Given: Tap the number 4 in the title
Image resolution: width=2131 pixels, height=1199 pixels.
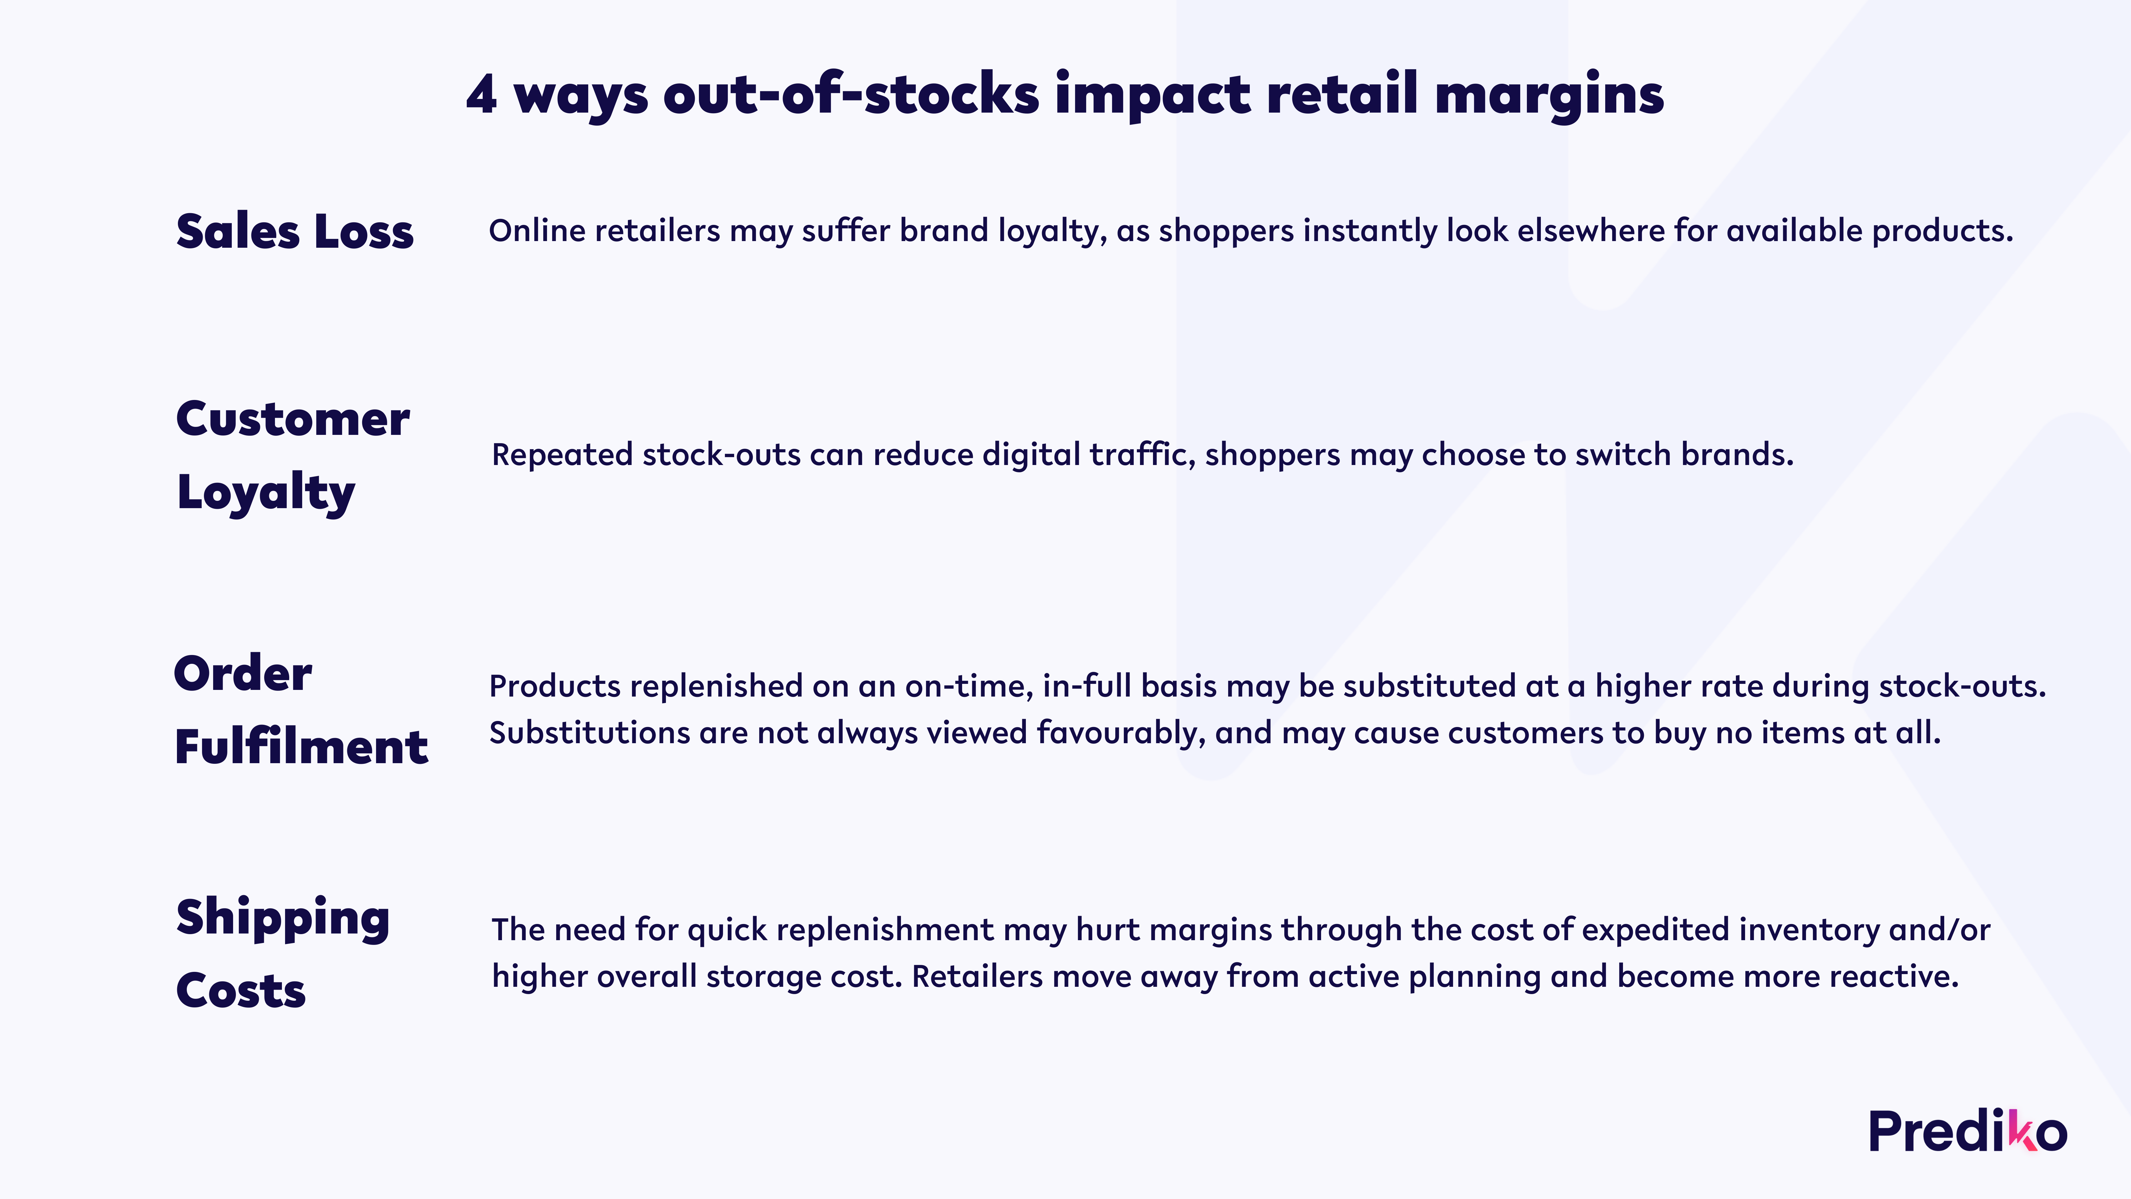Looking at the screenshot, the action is point(481,94).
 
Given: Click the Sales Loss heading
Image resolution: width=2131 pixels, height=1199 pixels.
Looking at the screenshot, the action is point(295,231).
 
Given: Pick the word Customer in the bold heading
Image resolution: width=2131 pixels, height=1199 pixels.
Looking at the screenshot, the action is point(293,419).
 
